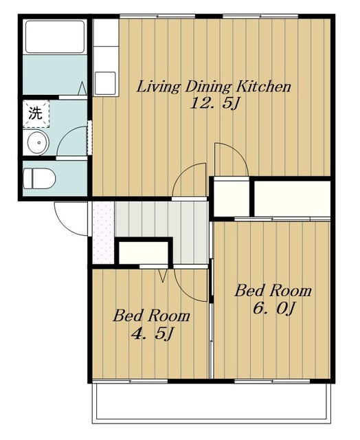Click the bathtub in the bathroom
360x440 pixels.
[x=55, y=36]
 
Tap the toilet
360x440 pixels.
[x=39, y=179]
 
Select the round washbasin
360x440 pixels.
[x=38, y=143]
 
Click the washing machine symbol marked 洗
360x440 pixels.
[x=36, y=113]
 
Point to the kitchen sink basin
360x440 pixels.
[x=105, y=83]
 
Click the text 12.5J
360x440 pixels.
[x=214, y=104]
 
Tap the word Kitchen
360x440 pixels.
[x=263, y=87]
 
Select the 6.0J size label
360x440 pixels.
[x=274, y=308]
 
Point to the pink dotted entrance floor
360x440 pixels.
[x=103, y=232]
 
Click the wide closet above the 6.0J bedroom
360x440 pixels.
[x=293, y=199]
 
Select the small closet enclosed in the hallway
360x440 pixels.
[x=144, y=252]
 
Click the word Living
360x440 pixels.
[x=159, y=87]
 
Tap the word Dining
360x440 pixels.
[x=208, y=87]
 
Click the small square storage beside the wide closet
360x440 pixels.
[x=232, y=199]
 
